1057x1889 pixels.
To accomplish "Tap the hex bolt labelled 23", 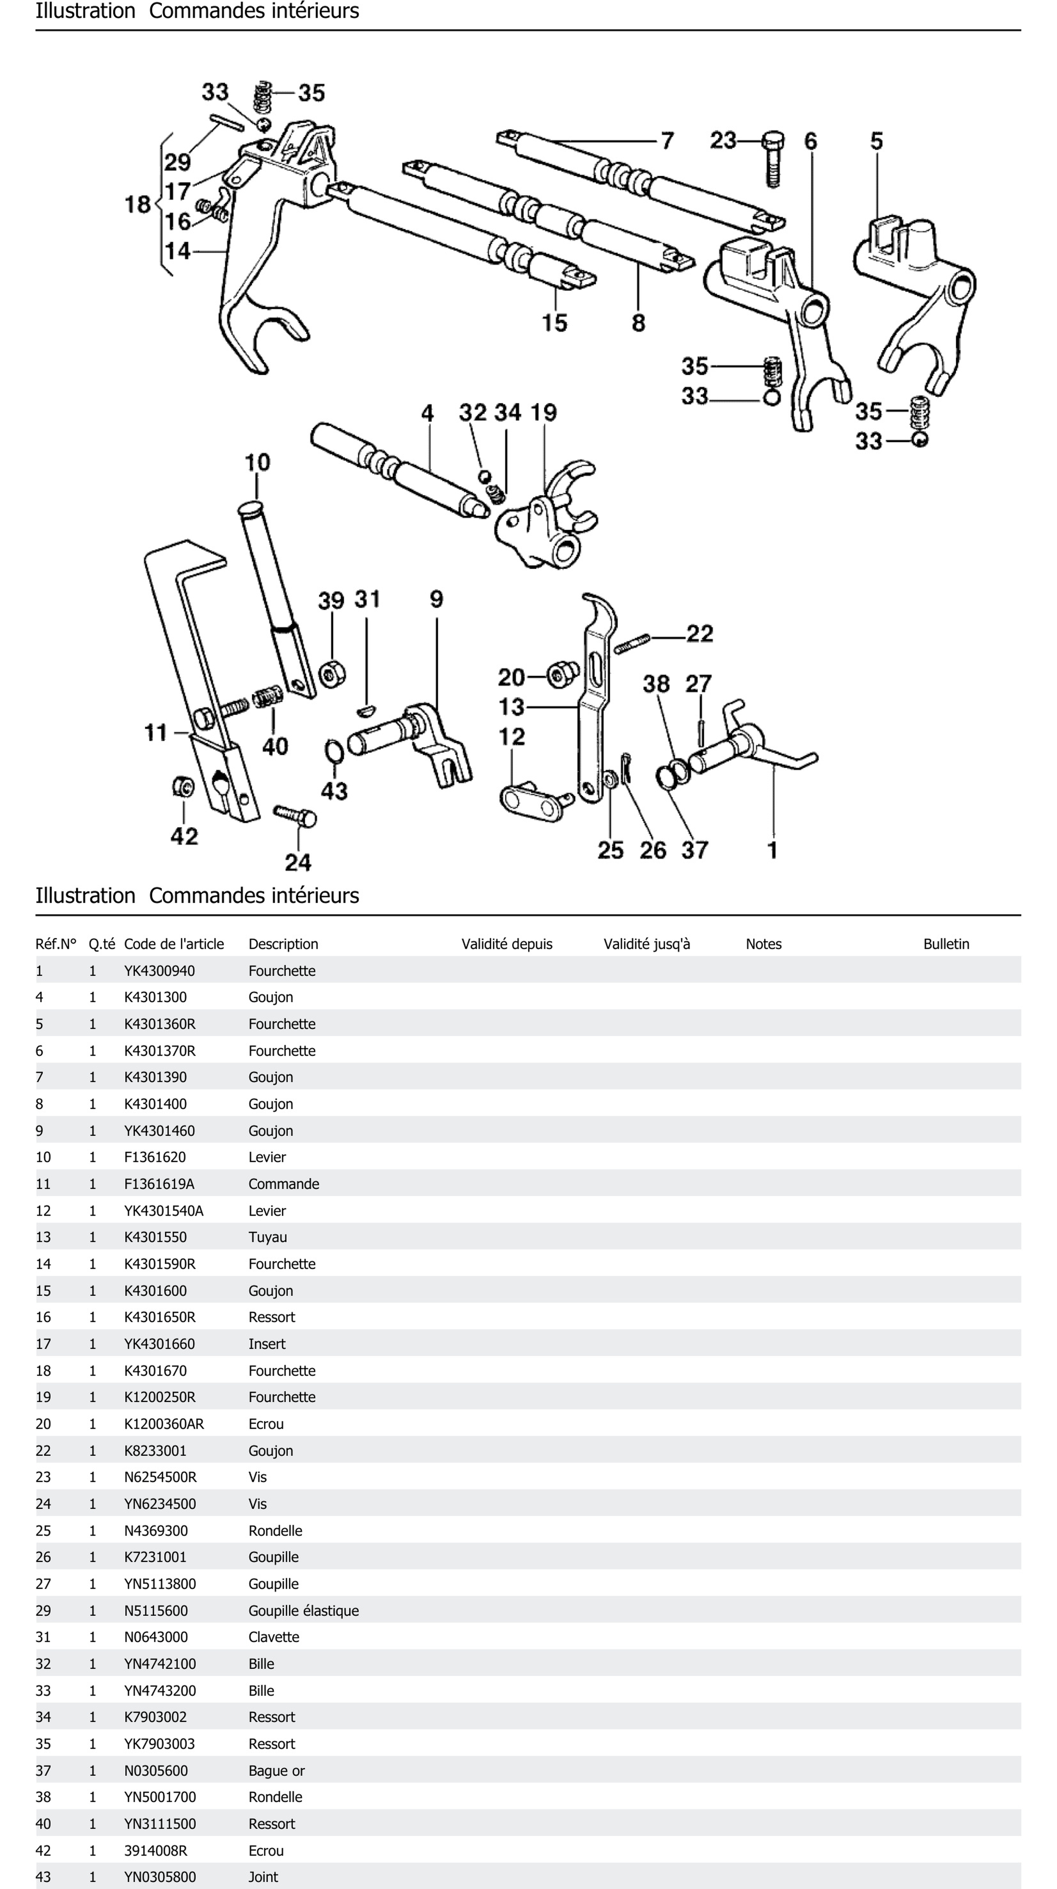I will [x=773, y=158].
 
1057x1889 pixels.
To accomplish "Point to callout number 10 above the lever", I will [x=256, y=463].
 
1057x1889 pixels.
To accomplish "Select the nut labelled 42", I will [x=183, y=787].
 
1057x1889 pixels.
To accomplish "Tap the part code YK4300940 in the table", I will [x=159, y=971].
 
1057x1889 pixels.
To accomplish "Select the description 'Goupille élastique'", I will [x=303, y=1610].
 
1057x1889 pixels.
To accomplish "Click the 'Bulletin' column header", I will [x=946, y=944].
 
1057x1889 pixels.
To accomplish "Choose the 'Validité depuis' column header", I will [x=506, y=944].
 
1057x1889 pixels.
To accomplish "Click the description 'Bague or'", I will [x=276, y=1770].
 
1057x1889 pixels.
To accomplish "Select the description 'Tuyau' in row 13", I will [x=268, y=1237].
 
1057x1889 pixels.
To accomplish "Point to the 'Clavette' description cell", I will [x=273, y=1637].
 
